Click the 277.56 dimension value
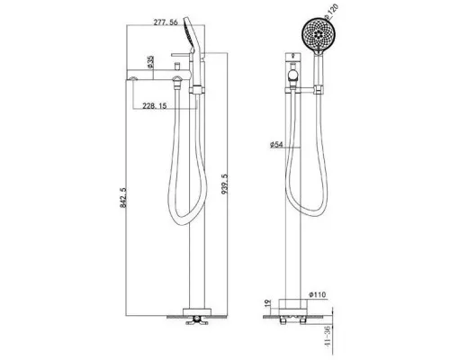point(166,22)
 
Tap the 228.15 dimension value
point(155,106)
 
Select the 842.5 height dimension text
point(123,198)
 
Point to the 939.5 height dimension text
point(224,184)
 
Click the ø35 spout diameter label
point(150,61)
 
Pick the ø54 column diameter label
point(276,145)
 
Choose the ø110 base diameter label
point(317,295)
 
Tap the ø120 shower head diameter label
point(332,11)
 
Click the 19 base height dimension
point(268,302)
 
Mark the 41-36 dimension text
point(328,337)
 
